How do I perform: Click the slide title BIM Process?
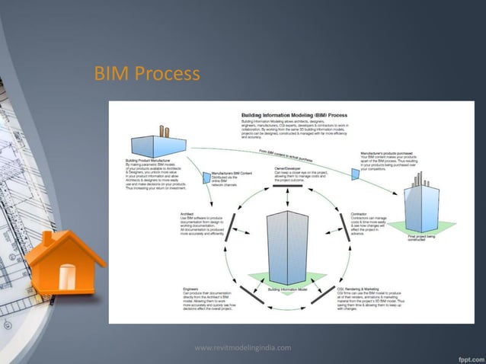146,75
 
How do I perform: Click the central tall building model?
287,244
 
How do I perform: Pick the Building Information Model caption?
287,289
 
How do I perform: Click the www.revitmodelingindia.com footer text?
243,347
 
